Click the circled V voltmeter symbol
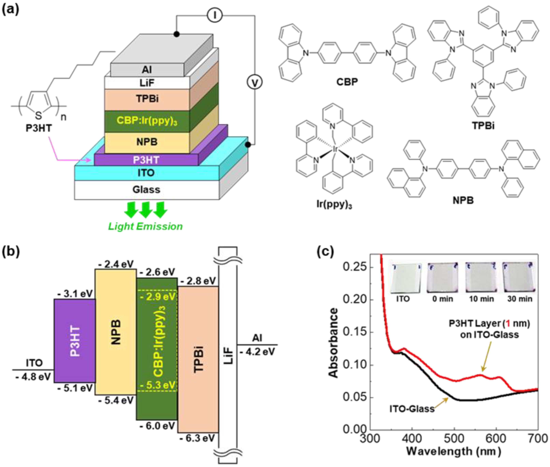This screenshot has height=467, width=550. tap(255, 83)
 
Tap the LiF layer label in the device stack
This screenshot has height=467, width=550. tap(147, 83)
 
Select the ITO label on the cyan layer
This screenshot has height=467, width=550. tap(146, 173)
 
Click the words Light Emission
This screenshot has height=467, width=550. tap(145, 226)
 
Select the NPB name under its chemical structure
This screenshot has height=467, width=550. tap(463, 200)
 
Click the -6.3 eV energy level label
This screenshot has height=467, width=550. tap(197, 438)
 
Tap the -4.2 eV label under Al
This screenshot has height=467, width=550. tap(257, 352)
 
